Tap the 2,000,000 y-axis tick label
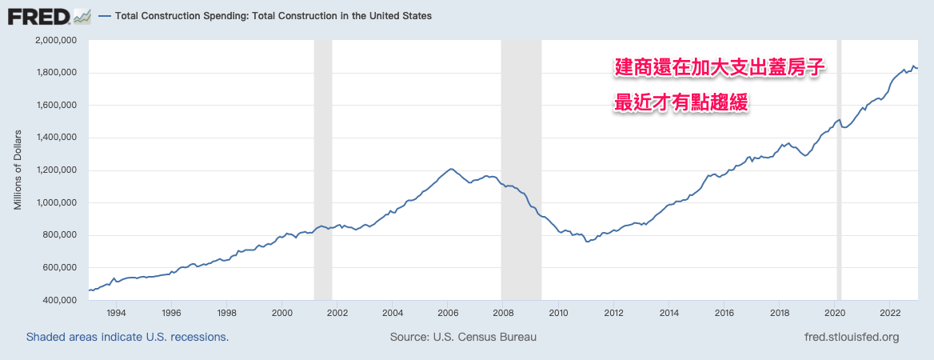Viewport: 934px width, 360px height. (x=57, y=40)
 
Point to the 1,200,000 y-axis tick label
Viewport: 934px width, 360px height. (x=57, y=170)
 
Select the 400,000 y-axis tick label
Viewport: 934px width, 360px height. (x=60, y=300)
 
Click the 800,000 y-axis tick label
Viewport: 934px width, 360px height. (x=60, y=235)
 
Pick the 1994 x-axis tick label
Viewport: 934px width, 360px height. (x=116, y=313)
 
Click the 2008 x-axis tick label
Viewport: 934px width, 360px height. (x=503, y=313)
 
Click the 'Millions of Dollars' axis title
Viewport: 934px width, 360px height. (x=18, y=170)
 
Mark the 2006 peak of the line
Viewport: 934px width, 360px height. (x=451, y=169)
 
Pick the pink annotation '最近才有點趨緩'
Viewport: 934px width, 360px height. (x=681, y=104)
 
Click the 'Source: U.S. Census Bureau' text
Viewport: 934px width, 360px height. (x=463, y=338)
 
